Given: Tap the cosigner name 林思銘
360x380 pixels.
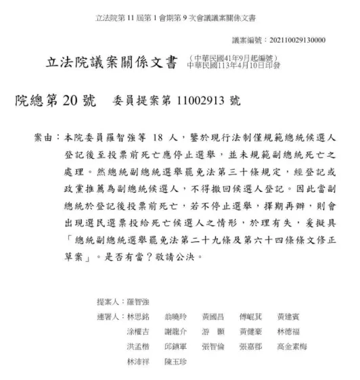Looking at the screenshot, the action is pos(139,317).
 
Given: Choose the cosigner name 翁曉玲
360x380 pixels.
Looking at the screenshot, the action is pos(177,317).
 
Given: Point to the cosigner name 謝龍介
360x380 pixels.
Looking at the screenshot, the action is pos(177,332).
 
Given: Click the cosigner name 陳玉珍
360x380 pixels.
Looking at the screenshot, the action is pos(177,362).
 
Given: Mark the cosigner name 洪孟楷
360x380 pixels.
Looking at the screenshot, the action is pos(139,347).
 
